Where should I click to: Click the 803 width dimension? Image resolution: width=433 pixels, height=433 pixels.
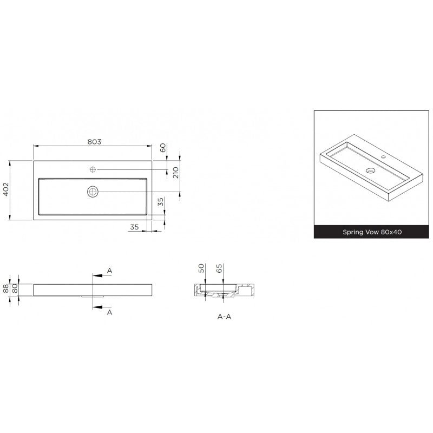tap(94, 142)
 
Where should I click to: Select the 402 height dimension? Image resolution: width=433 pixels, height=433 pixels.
tap(6, 189)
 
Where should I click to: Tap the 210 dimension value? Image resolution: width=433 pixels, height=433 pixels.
tap(176, 173)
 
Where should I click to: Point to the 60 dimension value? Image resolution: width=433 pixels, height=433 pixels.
tap(163, 148)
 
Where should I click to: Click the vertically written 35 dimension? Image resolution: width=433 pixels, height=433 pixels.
tap(161, 202)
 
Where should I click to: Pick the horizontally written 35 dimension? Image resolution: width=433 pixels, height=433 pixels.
tap(134, 227)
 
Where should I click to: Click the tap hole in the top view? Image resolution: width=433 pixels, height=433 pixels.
tap(93, 169)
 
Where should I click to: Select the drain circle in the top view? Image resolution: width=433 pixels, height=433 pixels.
tap(93, 192)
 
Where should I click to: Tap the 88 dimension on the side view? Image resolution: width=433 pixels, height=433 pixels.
tap(6, 289)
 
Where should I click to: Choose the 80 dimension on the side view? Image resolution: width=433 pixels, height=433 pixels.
tap(15, 288)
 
